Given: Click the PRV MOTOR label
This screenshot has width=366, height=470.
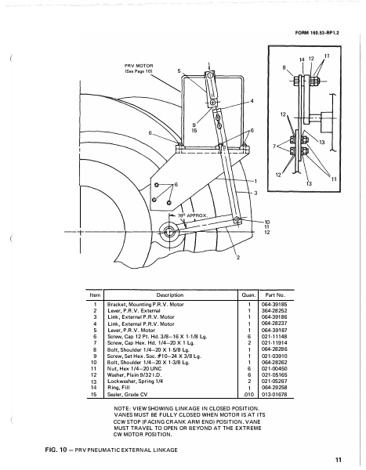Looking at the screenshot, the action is (x=137, y=67).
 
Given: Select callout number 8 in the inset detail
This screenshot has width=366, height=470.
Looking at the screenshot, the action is (x=284, y=68).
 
